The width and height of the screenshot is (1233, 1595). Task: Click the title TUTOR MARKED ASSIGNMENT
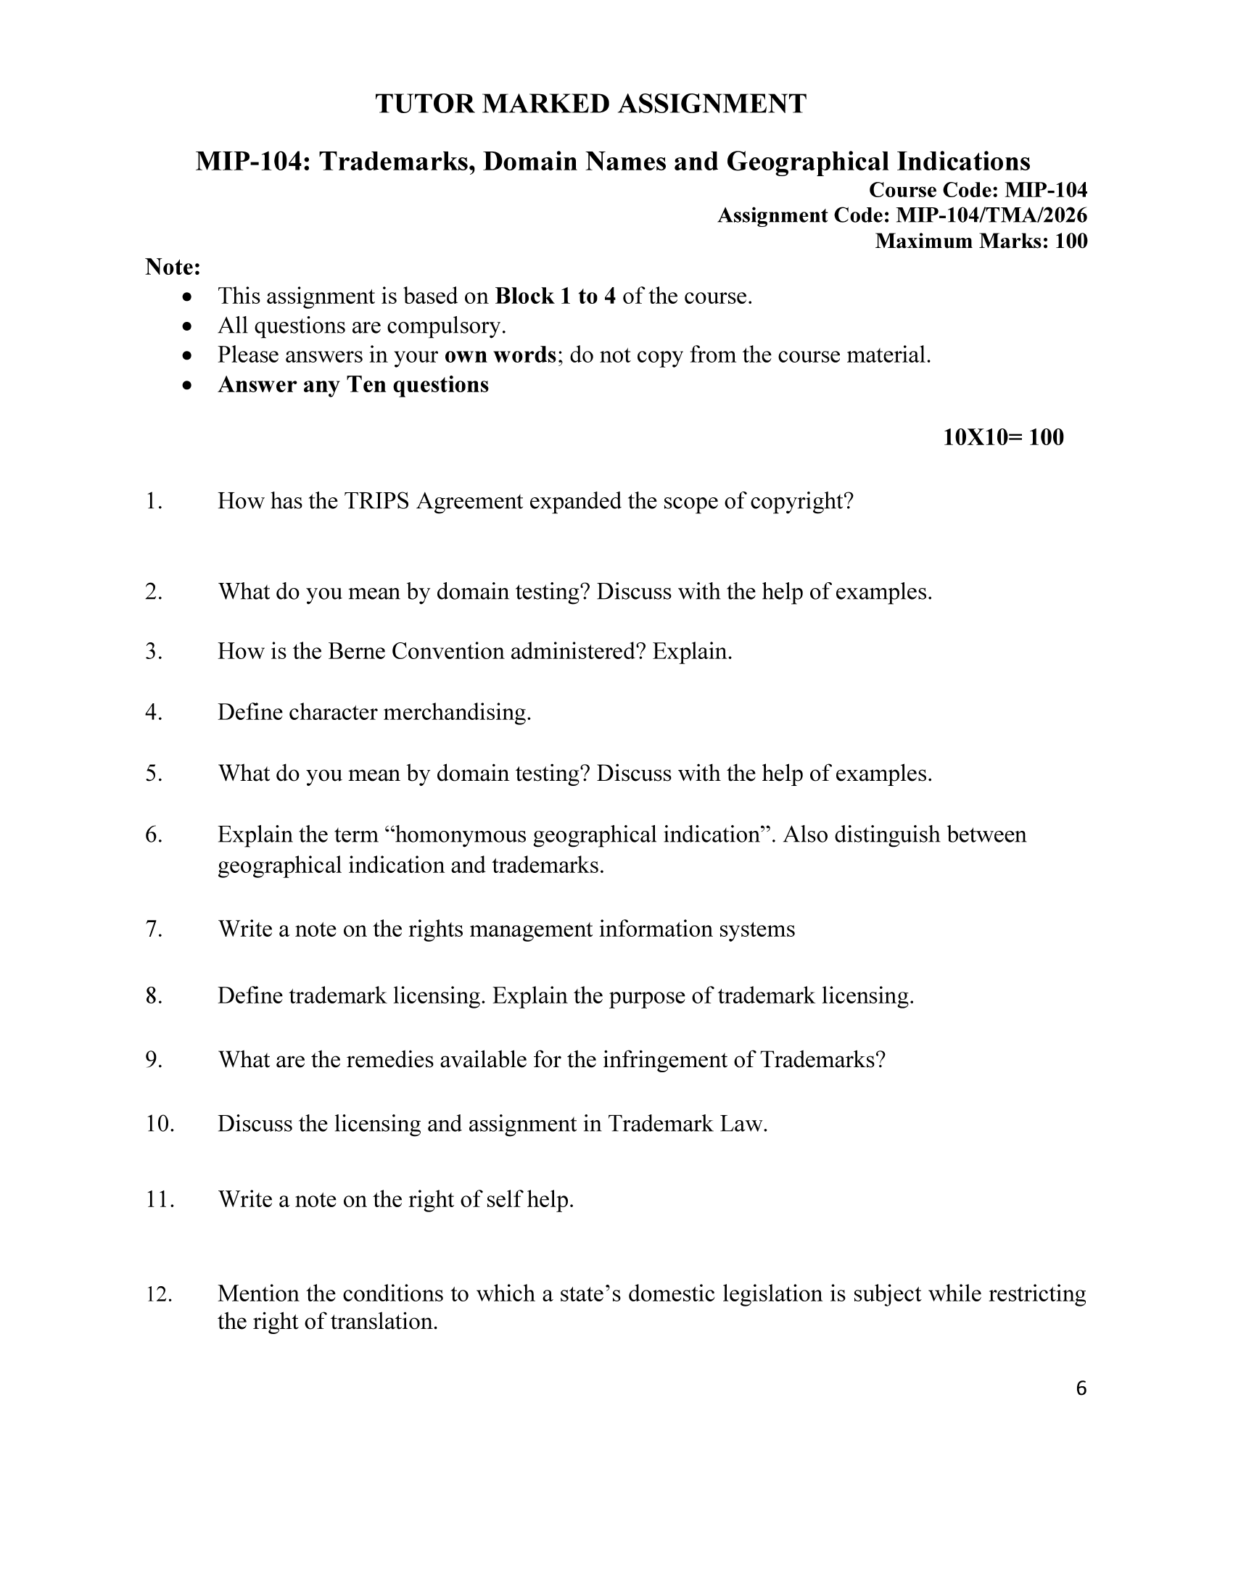[x=590, y=104]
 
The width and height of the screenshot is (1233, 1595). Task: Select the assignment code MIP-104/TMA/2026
[x=991, y=215]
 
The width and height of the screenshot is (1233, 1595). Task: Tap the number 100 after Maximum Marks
[x=1071, y=241]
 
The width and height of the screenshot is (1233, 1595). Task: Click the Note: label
[x=173, y=268]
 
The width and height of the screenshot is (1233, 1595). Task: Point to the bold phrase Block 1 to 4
[x=555, y=296]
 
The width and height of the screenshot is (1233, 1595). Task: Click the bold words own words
[x=500, y=355]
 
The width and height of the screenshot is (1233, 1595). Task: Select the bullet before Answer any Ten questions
[x=189, y=385]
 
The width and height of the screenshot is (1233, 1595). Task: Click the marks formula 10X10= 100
[x=1003, y=437]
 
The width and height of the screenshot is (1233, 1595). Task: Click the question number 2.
[x=153, y=591]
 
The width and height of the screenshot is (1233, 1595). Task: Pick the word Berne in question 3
[x=356, y=651]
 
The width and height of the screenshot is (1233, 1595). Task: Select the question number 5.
[x=153, y=773]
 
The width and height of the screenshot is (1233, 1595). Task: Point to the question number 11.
[x=160, y=1199]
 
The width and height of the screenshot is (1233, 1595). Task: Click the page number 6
[x=1081, y=1388]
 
